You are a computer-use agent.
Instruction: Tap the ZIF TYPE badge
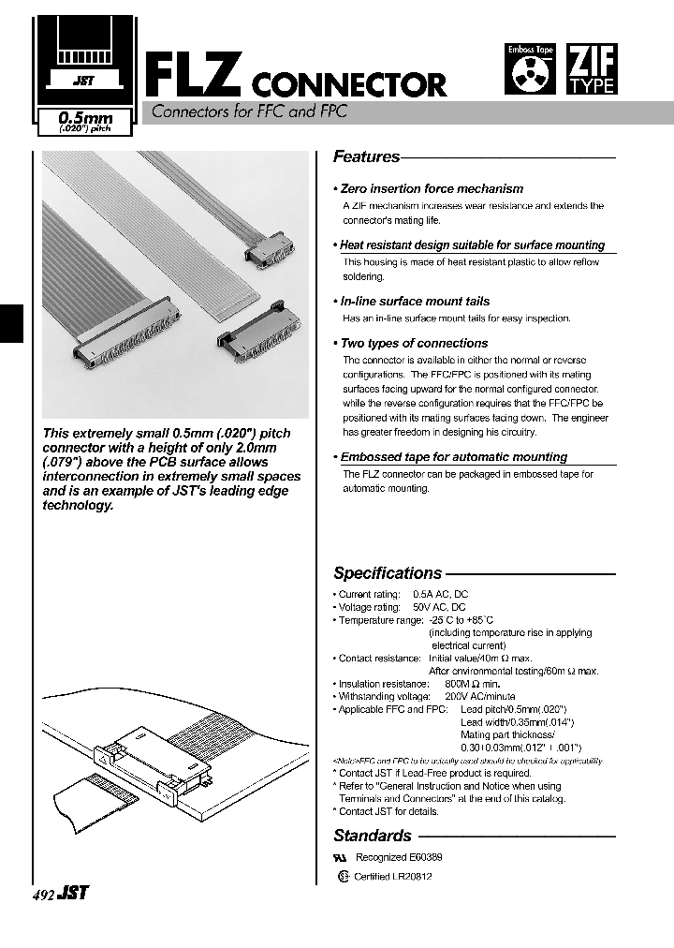[x=592, y=70]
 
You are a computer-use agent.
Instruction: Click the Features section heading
[x=366, y=157]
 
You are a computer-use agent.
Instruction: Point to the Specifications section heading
[x=388, y=573]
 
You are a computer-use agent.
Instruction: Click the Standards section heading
[x=373, y=836]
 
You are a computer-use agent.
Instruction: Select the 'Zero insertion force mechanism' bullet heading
[x=432, y=188]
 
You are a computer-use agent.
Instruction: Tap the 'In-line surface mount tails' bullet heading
[x=415, y=302]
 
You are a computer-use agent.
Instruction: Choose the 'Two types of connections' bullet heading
[x=414, y=343]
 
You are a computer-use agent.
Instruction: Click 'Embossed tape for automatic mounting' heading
[x=453, y=457]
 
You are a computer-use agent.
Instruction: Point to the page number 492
[x=43, y=895]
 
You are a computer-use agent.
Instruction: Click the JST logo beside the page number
[x=73, y=894]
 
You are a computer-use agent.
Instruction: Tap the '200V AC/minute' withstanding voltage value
[x=480, y=697]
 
